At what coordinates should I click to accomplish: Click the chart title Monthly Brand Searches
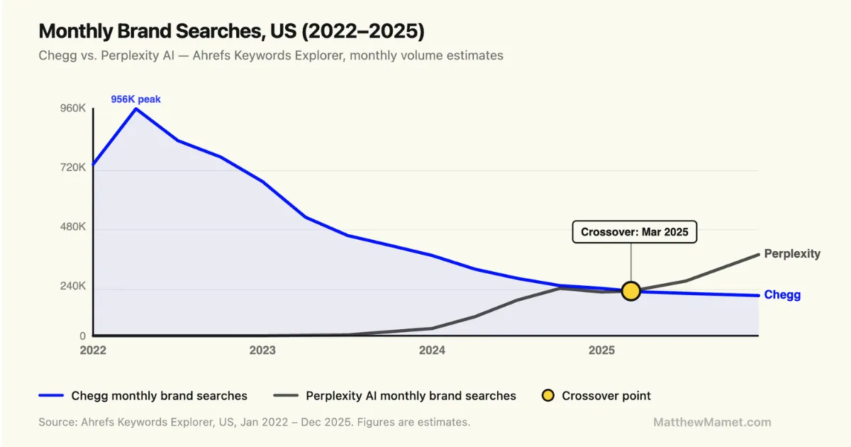(x=231, y=31)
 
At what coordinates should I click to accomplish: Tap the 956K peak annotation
(x=135, y=99)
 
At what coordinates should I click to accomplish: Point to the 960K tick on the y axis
(x=73, y=109)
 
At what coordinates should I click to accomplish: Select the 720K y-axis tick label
(x=73, y=168)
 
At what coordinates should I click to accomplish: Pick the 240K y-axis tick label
(x=73, y=287)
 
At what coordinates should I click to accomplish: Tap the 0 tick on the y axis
(x=82, y=336)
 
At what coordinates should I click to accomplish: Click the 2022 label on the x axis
(x=94, y=350)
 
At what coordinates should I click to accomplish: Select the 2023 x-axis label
(x=262, y=350)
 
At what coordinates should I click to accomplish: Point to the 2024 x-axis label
(x=432, y=350)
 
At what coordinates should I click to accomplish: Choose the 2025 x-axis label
(x=601, y=350)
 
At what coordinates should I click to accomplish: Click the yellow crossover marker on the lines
(x=630, y=291)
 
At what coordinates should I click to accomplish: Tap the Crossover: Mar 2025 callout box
(x=635, y=232)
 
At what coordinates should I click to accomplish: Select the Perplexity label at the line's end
(x=792, y=253)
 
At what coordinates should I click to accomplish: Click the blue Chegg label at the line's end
(x=782, y=295)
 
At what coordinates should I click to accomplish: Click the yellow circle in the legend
(x=547, y=396)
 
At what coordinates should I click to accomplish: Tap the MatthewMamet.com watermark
(x=712, y=422)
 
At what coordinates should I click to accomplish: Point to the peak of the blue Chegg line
(x=135, y=109)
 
